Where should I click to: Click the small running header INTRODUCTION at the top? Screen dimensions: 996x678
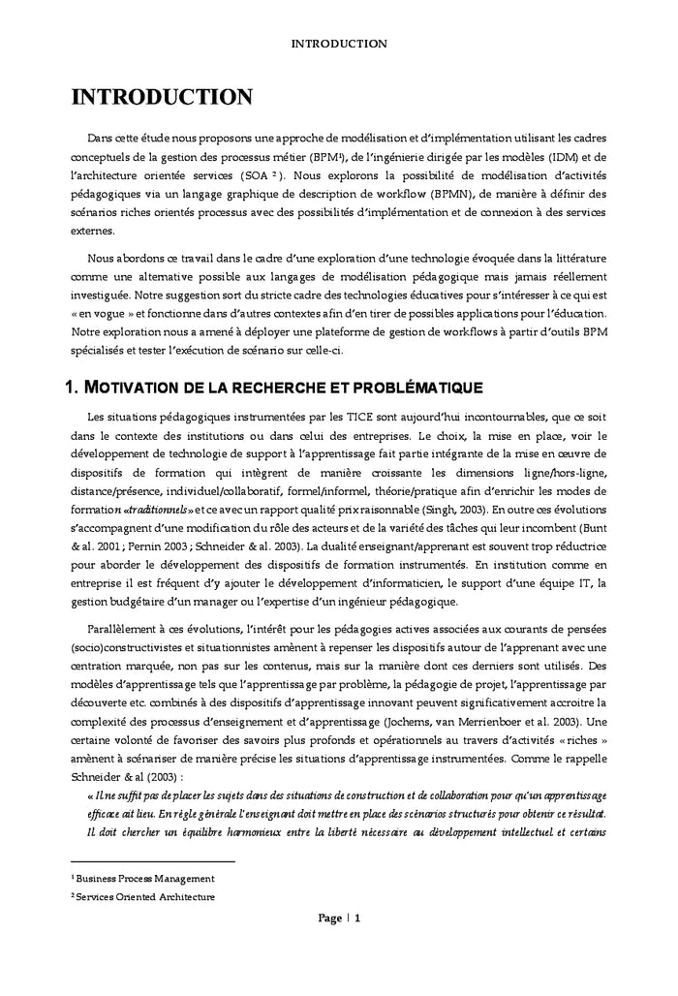[x=339, y=44]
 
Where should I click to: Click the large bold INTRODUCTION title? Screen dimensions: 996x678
[x=162, y=98]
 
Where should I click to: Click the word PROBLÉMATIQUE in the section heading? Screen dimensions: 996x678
[x=409, y=389]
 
